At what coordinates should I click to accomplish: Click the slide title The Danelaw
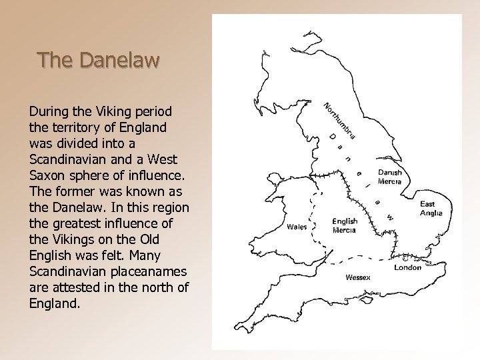tap(99, 61)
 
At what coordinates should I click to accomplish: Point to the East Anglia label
tap(435, 209)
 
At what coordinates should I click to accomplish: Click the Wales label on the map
tap(297, 226)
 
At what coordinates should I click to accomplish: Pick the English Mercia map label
tap(345, 225)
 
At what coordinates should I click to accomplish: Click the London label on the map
tap(407, 267)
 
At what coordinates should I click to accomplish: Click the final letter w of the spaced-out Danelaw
tap(391, 217)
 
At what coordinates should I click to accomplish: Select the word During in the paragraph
tap(49, 110)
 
